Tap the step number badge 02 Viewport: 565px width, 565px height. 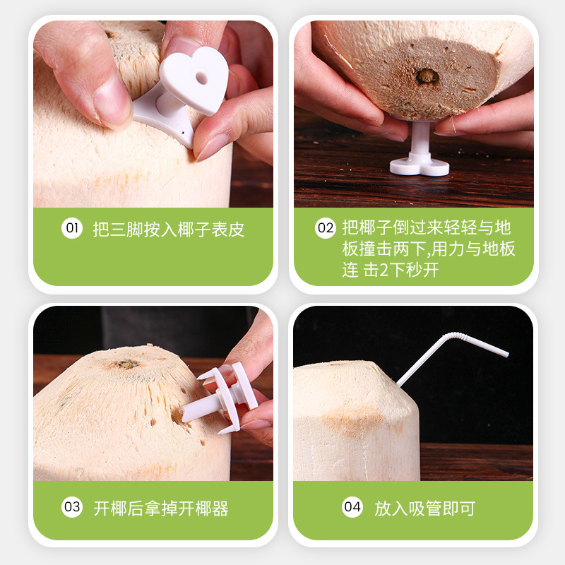click(x=326, y=228)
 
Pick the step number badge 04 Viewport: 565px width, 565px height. click(x=352, y=507)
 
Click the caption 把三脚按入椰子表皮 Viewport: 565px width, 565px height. click(x=169, y=229)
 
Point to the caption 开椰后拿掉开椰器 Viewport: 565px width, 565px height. click(x=161, y=508)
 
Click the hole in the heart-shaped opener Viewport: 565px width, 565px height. click(x=201, y=77)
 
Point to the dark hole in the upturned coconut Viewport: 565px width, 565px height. click(x=426, y=76)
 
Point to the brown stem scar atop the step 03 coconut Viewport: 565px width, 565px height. click(x=128, y=364)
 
